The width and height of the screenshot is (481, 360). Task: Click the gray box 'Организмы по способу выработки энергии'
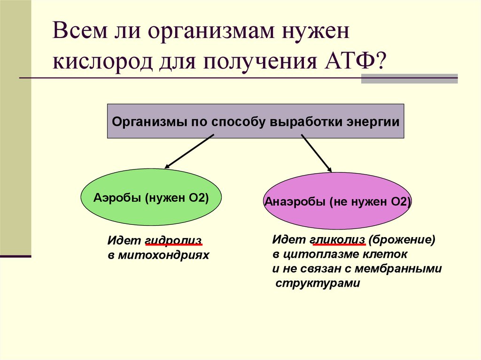[256, 122]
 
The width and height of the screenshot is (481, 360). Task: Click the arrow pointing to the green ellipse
[189, 152]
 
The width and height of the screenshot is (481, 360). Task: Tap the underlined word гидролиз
[174, 241]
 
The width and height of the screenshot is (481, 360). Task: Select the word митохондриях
[163, 256]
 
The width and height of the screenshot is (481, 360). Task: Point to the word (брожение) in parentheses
[402, 240]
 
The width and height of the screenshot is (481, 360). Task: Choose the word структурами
[318, 283]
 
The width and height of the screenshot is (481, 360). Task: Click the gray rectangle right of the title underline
[409, 78]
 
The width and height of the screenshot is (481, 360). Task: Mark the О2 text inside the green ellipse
[197, 198]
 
